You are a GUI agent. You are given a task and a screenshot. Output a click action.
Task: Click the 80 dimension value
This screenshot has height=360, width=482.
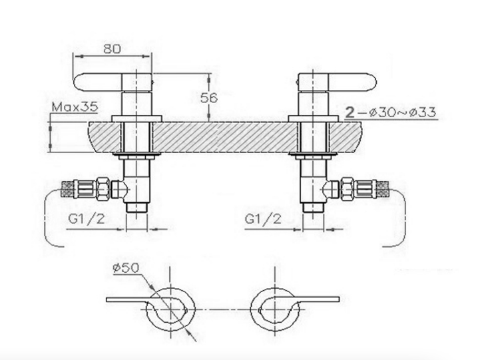pyautogui.click(x=113, y=49)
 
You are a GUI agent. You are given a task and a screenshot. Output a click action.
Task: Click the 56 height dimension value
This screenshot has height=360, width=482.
pyautogui.click(x=209, y=98)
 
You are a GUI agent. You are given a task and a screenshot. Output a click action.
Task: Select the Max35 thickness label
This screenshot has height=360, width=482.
pyautogui.click(x=75, y=107)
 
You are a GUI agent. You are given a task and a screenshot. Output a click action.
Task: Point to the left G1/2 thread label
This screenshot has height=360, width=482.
pyautogui.click(x=87, y=219)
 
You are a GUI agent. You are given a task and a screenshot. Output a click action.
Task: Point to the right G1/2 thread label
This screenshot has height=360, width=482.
pyautogui.click(x=263, y=219)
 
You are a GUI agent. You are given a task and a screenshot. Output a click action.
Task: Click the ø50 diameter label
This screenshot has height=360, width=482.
pyautogui.click(x=126, y=268)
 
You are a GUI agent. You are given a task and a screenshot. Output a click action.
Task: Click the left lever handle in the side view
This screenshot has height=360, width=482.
pyautogui.click(x=99, y=82)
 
